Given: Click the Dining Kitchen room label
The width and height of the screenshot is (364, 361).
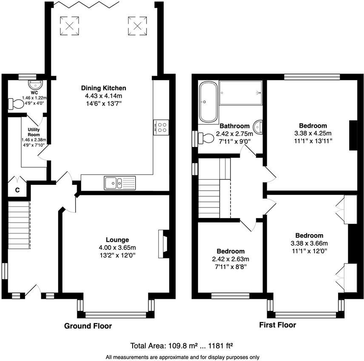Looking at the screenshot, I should (104, 88).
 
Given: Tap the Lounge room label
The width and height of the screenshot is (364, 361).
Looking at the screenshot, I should (117, 240).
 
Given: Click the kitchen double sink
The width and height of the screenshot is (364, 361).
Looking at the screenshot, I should (119, 183).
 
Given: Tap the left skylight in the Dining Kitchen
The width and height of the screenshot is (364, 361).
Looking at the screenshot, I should (69, 25).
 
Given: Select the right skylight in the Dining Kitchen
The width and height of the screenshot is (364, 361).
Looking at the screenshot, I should (137, 25).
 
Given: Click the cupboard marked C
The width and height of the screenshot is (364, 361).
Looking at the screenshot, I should (17, 190).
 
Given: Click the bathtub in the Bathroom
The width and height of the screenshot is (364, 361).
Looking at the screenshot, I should (208, 102).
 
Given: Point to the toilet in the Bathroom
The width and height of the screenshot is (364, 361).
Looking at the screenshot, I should (206, 138).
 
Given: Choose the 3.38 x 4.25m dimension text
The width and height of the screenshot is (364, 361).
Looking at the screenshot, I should (313, 133).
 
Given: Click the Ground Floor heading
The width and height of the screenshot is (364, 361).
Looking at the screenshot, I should (88, 326).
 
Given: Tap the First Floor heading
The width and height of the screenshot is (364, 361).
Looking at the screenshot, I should (278, 325).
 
